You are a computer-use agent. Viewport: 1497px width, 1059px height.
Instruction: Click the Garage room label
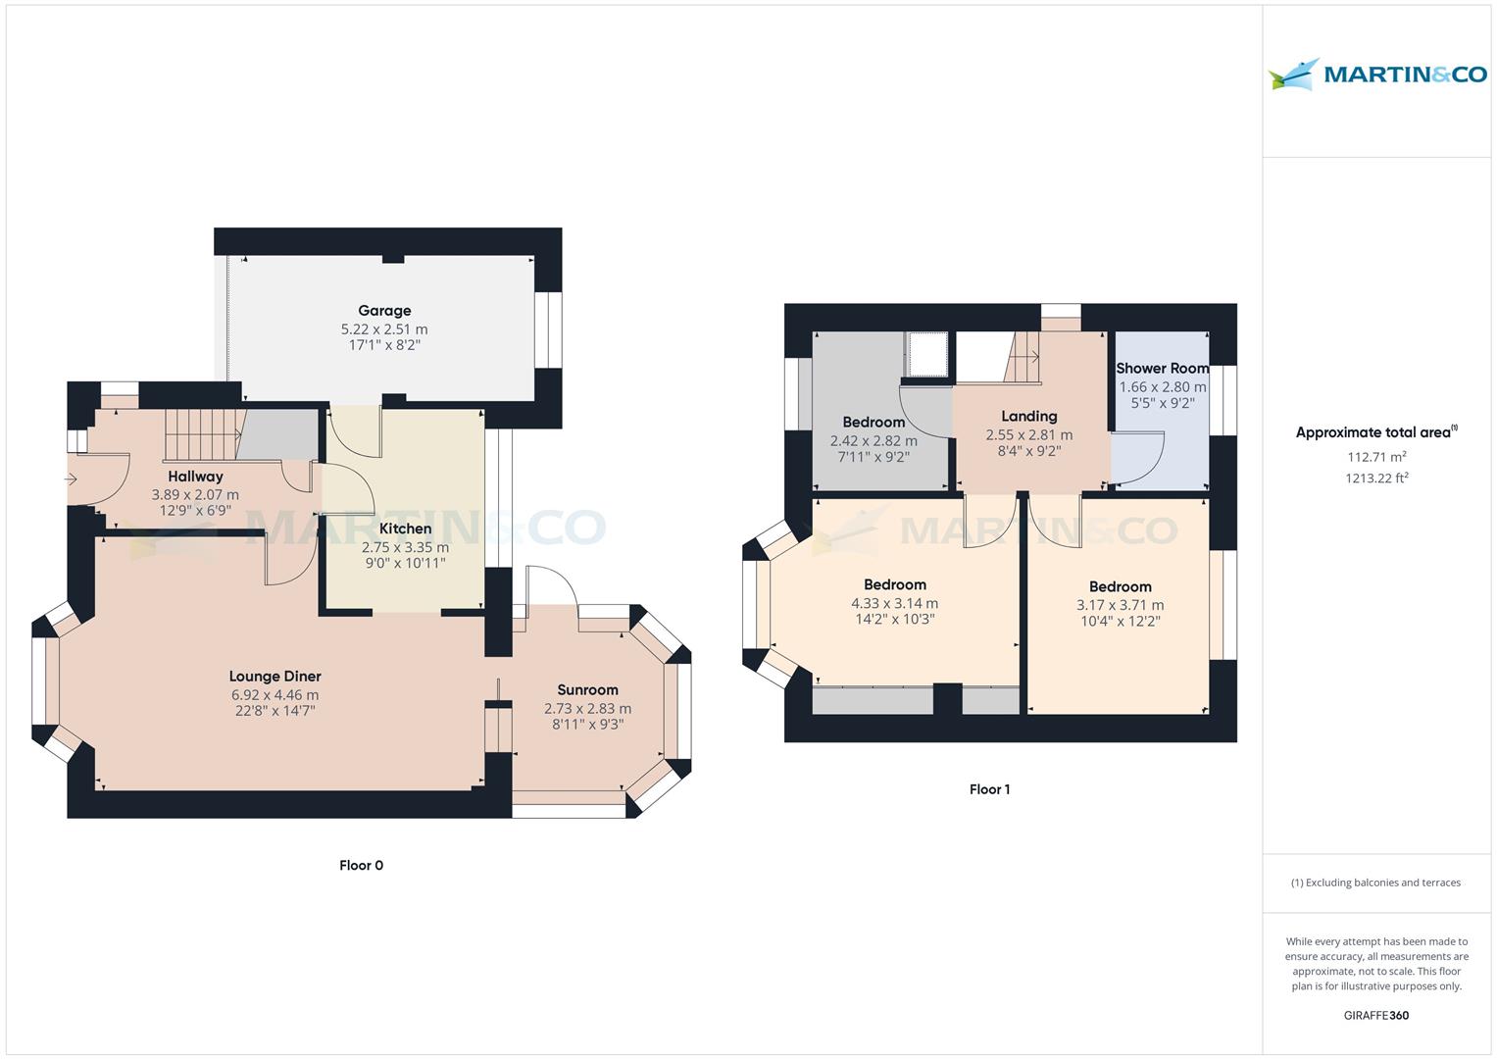(384, 311)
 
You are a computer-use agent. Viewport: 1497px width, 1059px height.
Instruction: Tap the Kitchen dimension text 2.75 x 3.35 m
(405, 547)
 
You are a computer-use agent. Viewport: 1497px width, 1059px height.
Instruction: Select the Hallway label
(195, 476)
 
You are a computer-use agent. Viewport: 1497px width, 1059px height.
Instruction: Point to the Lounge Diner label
(274, 676)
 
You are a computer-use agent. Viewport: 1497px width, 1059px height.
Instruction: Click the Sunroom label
(587, 689)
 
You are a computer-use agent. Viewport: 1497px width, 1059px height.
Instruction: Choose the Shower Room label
(1162, 368)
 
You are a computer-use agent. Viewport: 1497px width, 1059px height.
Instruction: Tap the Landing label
(1029, 417)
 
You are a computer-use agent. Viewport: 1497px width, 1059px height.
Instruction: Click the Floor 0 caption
(361, 865)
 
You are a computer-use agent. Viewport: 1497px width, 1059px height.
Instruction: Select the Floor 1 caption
(990, 789)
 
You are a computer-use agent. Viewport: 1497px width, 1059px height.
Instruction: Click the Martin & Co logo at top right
(1377, 75)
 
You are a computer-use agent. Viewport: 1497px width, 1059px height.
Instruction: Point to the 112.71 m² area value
(1376, 457)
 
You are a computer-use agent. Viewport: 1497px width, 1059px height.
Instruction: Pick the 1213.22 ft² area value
(1376, 478)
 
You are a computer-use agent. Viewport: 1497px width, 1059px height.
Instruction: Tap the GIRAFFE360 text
(1376, 1015)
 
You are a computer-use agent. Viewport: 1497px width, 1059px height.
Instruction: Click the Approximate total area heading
(1376, 431)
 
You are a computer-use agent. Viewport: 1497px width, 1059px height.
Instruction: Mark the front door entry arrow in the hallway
(71, 479)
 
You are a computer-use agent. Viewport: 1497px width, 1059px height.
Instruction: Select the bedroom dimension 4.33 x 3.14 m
(894, 603)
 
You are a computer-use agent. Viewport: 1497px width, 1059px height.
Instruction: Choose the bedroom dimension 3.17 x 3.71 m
(1121, 605)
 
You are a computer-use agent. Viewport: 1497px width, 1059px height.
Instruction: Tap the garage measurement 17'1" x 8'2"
(384, 345)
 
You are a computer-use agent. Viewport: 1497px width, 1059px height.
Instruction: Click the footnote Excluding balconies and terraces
(1376, 882)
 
